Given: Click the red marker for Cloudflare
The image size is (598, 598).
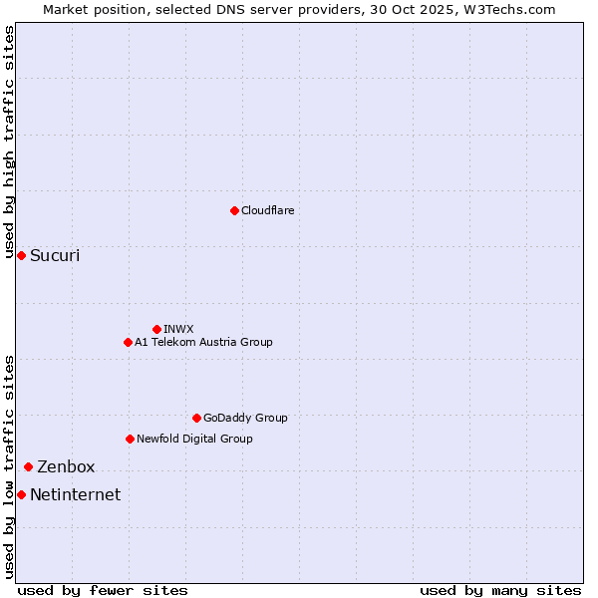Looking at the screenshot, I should click(234, 210).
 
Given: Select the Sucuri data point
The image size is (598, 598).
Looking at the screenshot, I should click(21, 256).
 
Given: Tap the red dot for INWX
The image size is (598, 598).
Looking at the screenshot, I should click(156, 329).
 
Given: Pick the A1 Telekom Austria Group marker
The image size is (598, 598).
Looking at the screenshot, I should click(128, 342).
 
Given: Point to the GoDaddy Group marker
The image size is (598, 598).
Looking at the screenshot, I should click(196, 418).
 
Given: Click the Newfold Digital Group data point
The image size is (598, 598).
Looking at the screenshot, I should click(130, 439).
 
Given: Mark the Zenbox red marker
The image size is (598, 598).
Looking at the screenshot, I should click(28, 466).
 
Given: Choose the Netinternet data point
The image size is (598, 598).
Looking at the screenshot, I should click(21, 494).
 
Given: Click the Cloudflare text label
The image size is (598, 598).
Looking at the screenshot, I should click(267, 210).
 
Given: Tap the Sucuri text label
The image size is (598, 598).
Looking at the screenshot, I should click(55, 256).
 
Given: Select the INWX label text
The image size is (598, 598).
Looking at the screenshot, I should click(178, 329).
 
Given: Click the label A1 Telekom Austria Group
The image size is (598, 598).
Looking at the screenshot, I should click(203, 342).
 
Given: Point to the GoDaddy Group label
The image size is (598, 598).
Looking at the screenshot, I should click(245, 418).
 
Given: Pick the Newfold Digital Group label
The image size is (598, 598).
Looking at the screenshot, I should click(194, 439).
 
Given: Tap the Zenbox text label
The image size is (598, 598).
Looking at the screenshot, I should click(66, 466).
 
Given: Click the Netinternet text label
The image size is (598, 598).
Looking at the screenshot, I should click(75, 494).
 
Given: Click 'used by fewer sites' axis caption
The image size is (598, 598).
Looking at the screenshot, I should click(103, 590).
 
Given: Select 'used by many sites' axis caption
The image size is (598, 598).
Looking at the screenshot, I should click(500, 590).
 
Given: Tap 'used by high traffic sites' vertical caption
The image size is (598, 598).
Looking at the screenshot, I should click(10, 142).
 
